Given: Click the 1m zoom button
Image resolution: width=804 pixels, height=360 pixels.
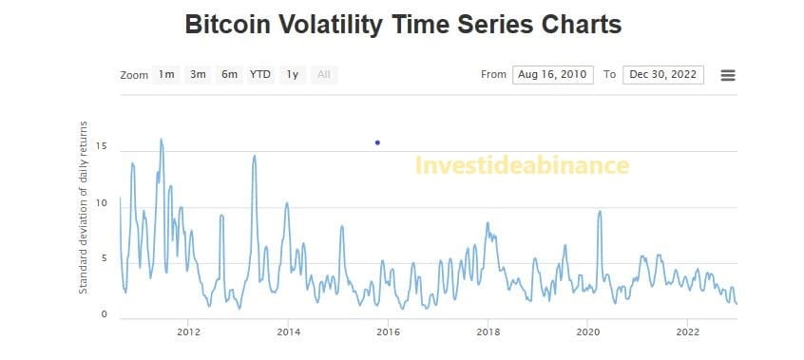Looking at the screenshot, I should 166,75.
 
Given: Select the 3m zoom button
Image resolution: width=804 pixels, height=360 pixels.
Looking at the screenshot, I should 198,75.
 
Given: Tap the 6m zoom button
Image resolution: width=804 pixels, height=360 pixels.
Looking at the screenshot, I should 229,75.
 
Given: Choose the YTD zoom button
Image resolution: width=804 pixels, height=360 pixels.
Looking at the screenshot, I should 260,75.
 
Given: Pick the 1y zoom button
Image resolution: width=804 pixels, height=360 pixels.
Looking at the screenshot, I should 293,75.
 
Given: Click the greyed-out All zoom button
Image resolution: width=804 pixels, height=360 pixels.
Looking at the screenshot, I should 324,75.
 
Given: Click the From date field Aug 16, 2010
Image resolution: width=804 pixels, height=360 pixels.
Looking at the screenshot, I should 552,75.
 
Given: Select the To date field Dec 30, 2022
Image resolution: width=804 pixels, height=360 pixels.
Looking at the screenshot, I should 663,75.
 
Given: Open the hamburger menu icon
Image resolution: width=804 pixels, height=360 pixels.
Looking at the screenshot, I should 728,75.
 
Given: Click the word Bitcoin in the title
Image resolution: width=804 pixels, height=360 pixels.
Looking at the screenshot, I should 229,25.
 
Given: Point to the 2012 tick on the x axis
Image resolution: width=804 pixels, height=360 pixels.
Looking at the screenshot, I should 188,332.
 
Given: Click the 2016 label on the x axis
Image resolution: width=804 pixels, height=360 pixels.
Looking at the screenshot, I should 388,332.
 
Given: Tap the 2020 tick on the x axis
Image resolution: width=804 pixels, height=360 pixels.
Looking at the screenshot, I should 588,332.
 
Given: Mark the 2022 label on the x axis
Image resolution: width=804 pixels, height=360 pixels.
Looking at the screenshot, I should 688,332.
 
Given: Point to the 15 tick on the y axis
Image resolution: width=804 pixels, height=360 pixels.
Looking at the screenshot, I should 101,147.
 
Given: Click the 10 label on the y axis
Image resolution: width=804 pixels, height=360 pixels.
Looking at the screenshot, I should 101,203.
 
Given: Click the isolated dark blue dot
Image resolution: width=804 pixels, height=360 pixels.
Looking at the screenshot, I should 377,142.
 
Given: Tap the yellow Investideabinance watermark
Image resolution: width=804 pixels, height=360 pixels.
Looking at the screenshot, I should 522,166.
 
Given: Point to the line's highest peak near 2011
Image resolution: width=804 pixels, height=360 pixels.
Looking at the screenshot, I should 161,140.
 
